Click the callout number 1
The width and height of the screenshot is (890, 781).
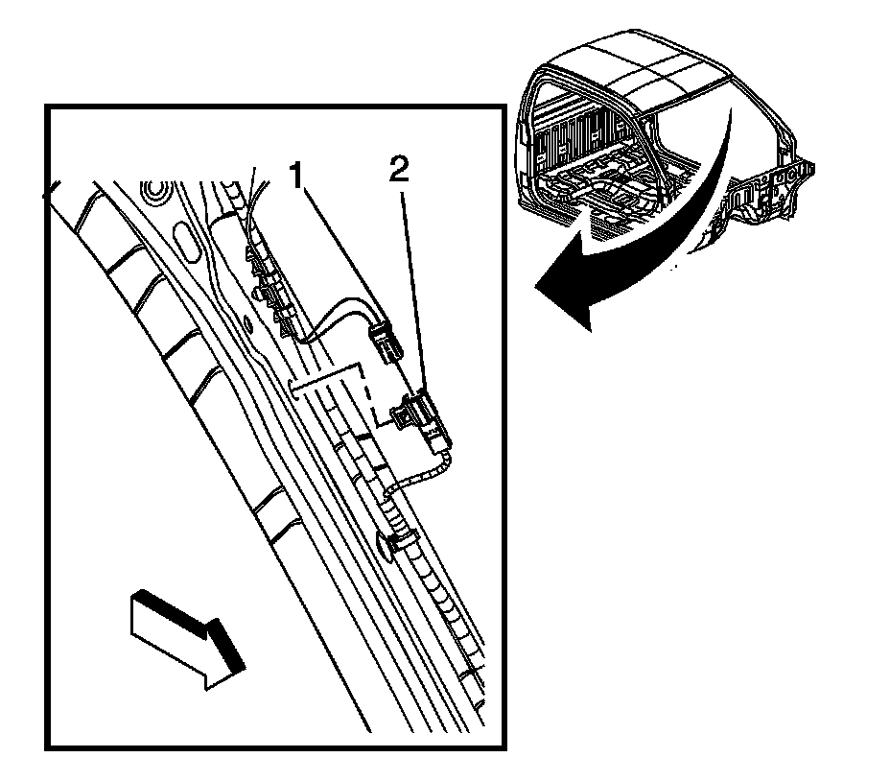pos(299,176)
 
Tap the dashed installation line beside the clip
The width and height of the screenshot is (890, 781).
pos(363,393)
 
